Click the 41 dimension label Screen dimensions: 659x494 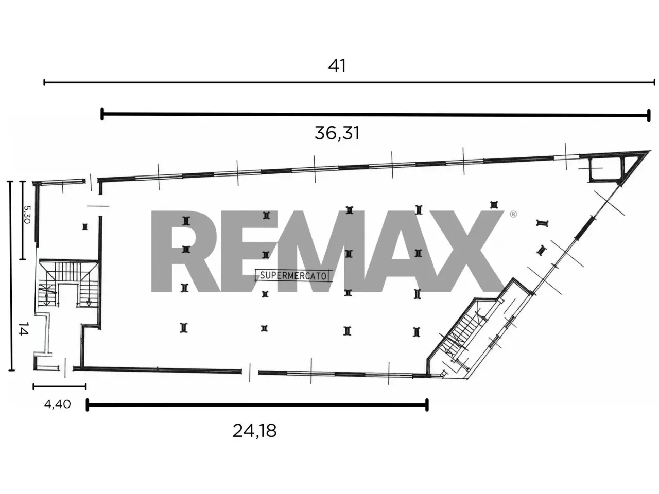(337, 66)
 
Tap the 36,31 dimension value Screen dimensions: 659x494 (337, 133)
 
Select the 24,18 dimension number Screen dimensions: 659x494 (254, 431)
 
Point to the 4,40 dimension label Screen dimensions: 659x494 (57, 404)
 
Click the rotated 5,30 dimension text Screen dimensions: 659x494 (27, 215)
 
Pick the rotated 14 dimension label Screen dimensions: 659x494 (23, 329)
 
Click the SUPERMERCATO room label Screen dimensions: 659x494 (293, 276)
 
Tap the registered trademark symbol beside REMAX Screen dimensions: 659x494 (513, 214)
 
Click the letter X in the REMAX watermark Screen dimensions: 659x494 (464, 251)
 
